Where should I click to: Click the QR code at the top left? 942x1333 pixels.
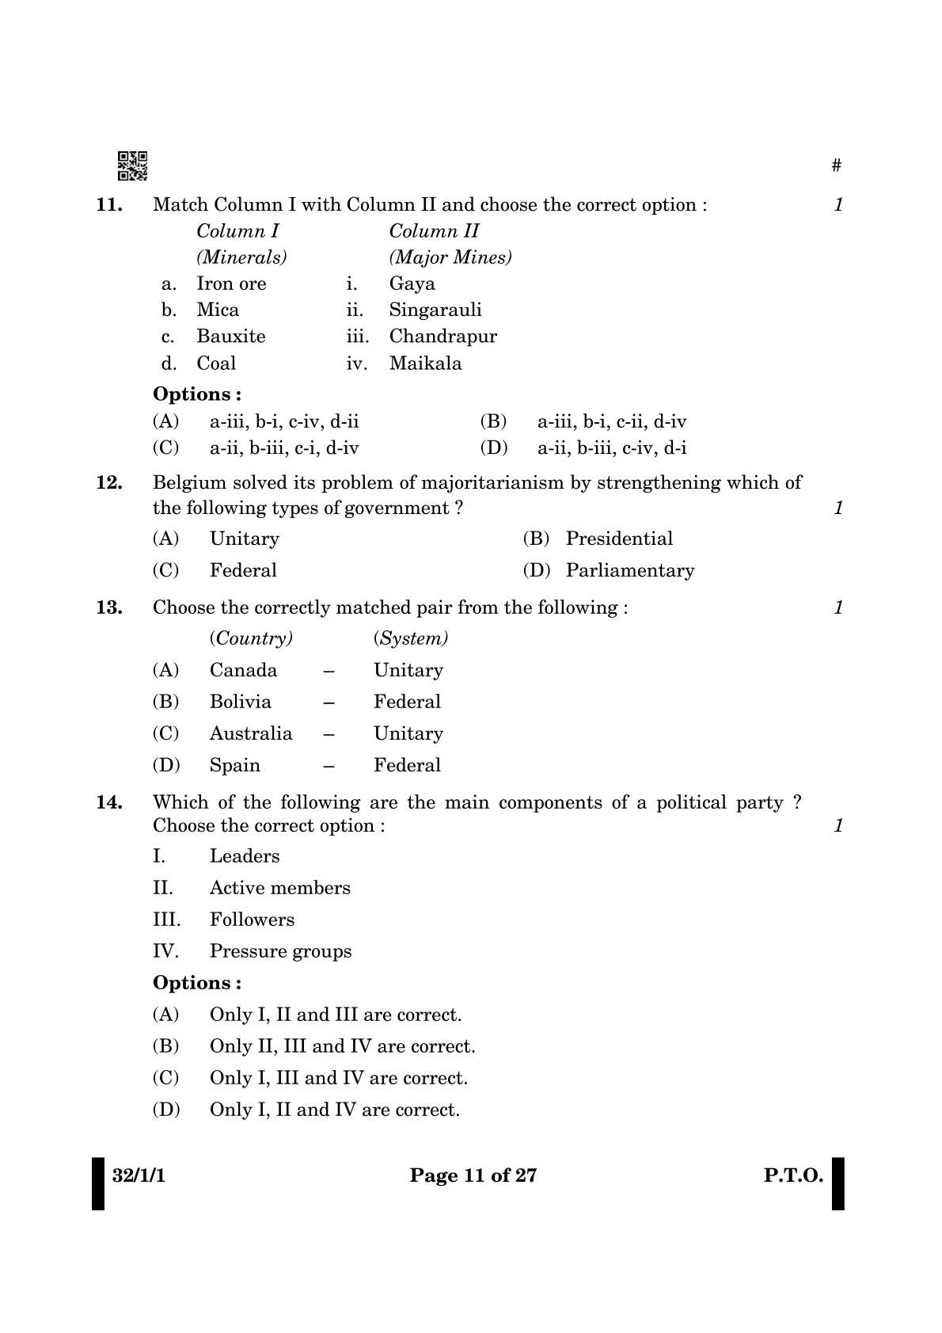(132, 166)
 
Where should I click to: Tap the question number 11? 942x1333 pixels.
(109, 205)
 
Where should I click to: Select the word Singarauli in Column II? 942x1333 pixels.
(435, 310)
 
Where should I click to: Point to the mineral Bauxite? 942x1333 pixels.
(230, 336)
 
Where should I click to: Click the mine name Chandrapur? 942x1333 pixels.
(443, 336)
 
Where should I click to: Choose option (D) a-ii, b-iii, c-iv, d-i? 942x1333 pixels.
(611, 448)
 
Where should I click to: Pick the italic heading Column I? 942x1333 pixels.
(237, 231)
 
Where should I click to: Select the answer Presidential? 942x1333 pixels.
(619, 539)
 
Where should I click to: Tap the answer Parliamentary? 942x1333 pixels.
(629, 570)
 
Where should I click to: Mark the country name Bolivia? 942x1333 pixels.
(240, 702)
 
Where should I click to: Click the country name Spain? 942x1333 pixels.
(234, 765)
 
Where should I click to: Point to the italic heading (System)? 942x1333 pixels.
(410, 638)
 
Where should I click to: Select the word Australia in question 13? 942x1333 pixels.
(250, 733)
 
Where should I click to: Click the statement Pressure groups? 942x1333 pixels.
(280, 951)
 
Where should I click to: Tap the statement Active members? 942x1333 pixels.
(279, 888)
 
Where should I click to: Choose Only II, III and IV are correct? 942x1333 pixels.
(342, 1046)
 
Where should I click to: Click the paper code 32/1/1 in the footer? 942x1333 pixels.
(139, 1175)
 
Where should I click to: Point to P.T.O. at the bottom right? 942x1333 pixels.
(792, 1175)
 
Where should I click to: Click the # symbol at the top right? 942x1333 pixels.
(837, 166)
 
